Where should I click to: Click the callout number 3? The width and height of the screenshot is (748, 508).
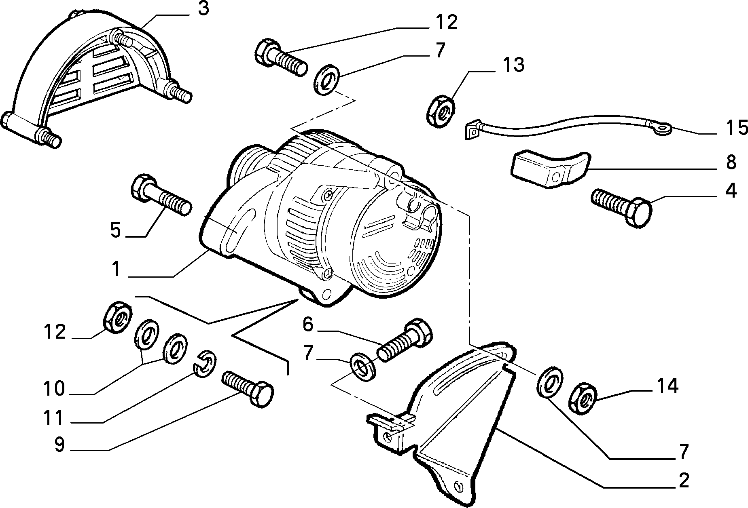[x=203, y=9]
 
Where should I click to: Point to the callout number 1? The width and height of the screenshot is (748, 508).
[x=116, y=269]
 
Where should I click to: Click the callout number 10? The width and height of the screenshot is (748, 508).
[x=54, y=389]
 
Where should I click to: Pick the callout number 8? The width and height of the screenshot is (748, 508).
[x=730, y=162]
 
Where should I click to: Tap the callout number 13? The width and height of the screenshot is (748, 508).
[x=513, y=65]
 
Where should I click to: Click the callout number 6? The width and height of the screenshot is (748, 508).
[x=308, y=325]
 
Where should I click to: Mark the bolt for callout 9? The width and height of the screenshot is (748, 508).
[x=248, y=388]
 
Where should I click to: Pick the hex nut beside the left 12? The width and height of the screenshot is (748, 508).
[x=117, y=317]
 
